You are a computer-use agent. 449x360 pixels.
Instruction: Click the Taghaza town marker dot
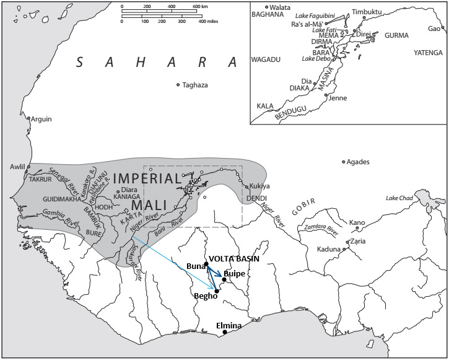(178, 85)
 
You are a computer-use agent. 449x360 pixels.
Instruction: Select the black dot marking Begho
(217, 291)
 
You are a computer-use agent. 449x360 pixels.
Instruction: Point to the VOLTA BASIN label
(233, 258)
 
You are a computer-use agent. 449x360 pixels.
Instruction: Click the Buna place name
(195, 266)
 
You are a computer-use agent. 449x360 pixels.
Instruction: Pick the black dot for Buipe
(224, 279)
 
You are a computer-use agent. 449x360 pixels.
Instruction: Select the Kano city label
(357, 222)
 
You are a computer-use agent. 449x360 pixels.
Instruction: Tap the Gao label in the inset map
(435, 29)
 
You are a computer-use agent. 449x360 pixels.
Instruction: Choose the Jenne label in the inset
(338, 98)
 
